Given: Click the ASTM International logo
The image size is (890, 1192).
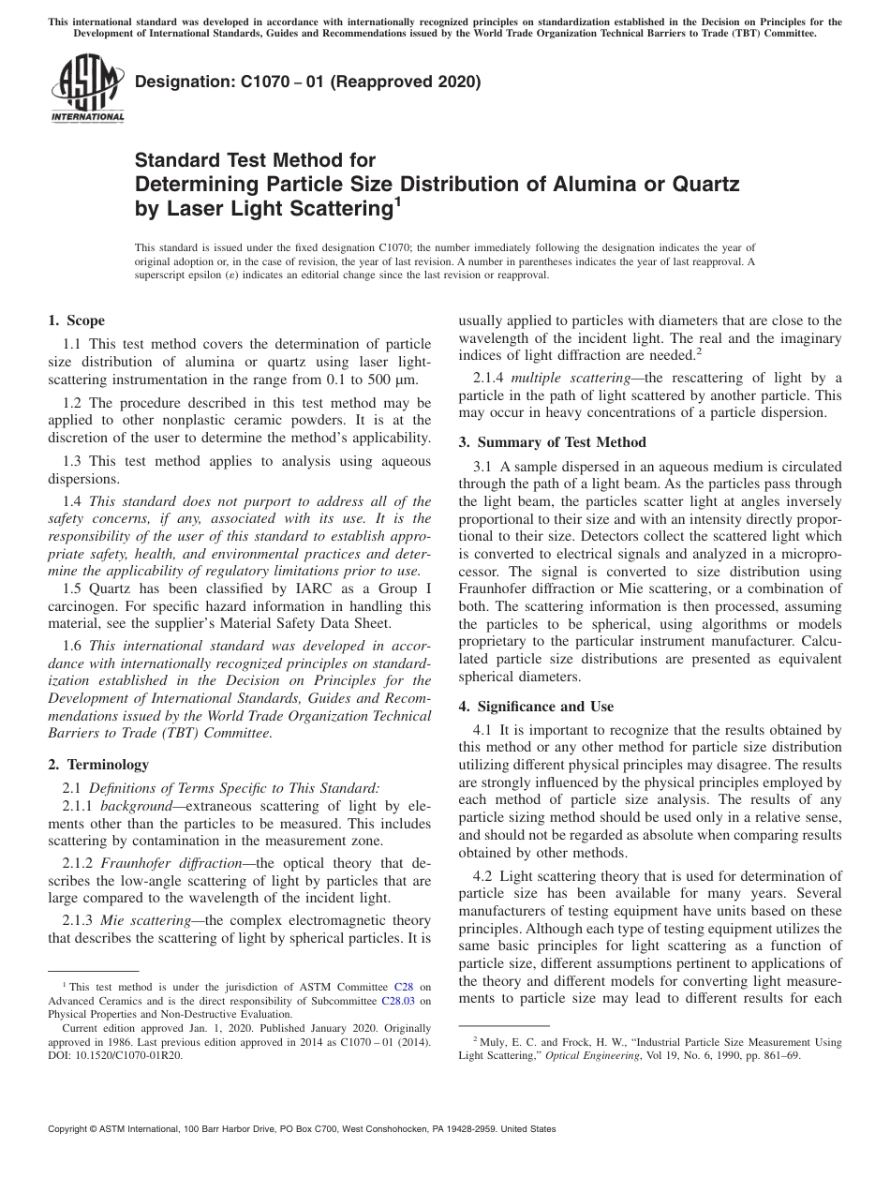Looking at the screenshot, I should coord(87,89).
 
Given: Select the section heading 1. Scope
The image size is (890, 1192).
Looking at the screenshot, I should coord(76,320).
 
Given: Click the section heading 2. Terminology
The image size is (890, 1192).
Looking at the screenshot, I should coord(98,765).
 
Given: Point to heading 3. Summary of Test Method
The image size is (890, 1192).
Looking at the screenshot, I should coord(552,442).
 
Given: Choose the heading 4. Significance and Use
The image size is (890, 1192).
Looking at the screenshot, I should coord(540,705).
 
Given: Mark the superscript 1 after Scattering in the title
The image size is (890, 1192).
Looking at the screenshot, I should coord(397,200).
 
